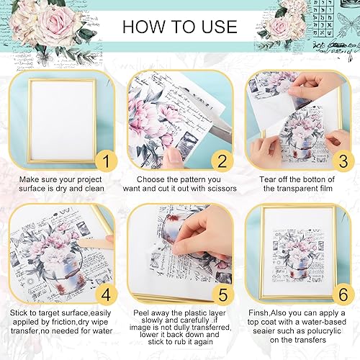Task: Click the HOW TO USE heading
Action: pos(179,27)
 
